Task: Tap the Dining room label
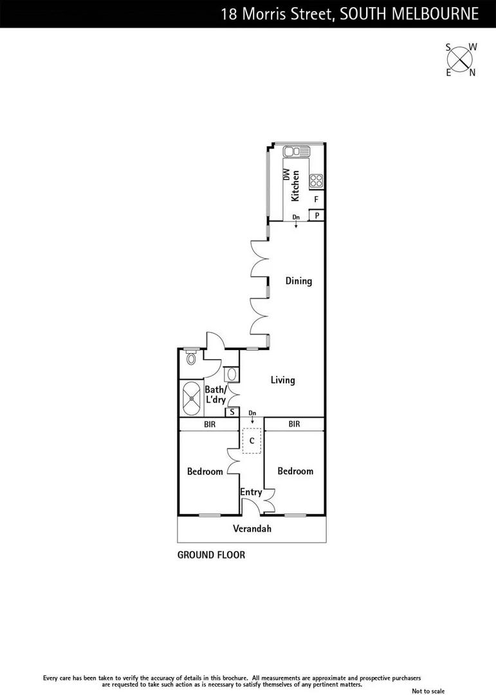click(x=299, y=281)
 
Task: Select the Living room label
click(x=282, y=380)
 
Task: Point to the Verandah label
click(x=252, y=529)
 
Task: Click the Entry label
click(x=251, y=492)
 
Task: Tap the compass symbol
click(x=461, y=59)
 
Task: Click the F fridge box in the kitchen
click(x=316, y=199)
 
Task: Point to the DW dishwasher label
click(x=286, y=174)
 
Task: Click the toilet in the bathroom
click(x=190, y=358)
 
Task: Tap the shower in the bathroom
click(x=191, y=398)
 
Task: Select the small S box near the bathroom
click(x=232, y=412)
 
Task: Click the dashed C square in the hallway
click(x=252, y=440)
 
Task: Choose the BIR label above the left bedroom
click(x=210, y=425)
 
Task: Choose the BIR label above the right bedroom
click(x=294, y=424)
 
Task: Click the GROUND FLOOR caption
click(x=211, y=555)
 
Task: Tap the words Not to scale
click(x=428, y=690)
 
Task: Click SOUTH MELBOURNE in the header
click(x=409, y=14)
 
